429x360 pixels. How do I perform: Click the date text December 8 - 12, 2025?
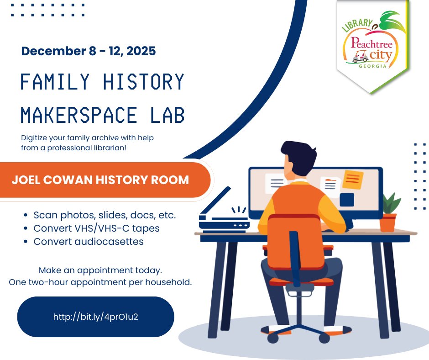[89, 51]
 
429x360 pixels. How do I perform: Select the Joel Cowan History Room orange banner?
[100, 180]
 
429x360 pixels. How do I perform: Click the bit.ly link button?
[95, 316]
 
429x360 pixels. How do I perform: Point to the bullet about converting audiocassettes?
[89, 242]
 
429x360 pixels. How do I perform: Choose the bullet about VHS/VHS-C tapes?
[96, 228]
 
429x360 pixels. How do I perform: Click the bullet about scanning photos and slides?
[105, 214]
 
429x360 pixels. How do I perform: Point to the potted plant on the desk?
[389, 212]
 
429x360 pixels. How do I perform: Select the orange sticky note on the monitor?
[353, 179]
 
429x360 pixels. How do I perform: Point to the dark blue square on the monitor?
[347, 200]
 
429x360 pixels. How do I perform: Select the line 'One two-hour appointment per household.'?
[100, 282]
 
